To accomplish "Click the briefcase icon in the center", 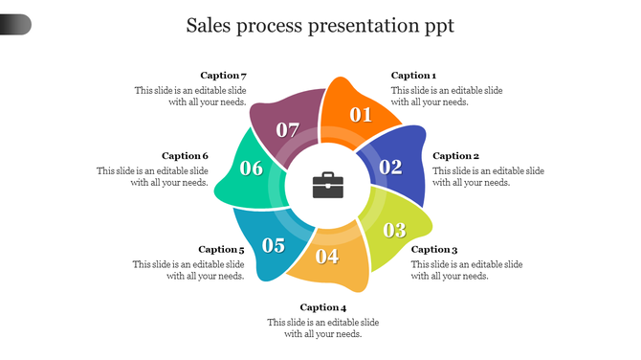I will pyautogui.click(x=327, y=185).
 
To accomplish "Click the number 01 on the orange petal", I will pyautogui.click(x=360, y=115).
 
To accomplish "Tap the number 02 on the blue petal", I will pyautogui.click(x=390, y=167).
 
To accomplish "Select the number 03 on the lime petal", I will pyautogui.click(x=394, y=230).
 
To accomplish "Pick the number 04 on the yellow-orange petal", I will pyautogui.click(x=327, y=256).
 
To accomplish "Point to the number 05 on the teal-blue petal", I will pyautogui.click(x=274, y=245).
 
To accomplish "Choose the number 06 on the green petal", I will pyautogui.click(x=252, y=169).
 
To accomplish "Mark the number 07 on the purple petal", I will pyautogui.click(x=288, y=129).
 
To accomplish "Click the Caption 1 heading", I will pyautogui.click(x=413, y=76).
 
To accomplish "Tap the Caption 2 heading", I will pyautogui.click(x=455, y=156).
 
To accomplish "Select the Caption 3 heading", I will pyautogui.click(x=434, y=250).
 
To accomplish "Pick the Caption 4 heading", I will pyautogui.click(x=322, y=307).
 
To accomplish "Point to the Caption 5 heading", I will pyautogui.click(x=222, y=250).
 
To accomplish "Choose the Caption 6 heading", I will pyautogui.click(x=185, y=156).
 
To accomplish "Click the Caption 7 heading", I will pyautogui.click(x=224, y=76).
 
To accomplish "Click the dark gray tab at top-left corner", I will pyautogui.click(x=15, y=25).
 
